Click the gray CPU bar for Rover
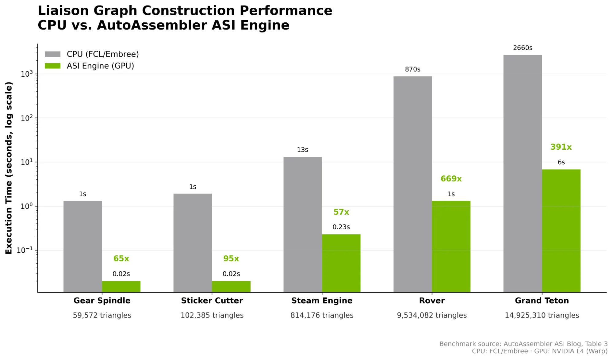[412, 184]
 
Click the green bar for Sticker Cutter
[231, 286]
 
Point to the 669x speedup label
[451, 179]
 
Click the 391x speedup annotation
[561, 147]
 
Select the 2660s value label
[523, 48]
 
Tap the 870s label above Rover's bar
[412, 69]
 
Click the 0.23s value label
[341, 227]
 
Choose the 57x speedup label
[341, 212]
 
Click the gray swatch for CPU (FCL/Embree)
[52, 54]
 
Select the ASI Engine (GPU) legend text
[100, 66]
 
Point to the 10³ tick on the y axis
[27, 74]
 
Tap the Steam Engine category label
[322, 301]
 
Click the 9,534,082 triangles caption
[431, 315]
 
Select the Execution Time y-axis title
[9, 168]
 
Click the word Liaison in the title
[63, 11]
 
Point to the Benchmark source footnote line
[523, 344]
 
